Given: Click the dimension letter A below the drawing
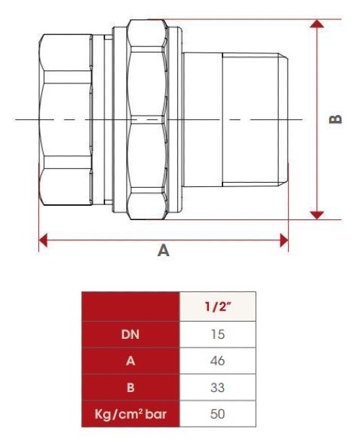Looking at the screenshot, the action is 163,250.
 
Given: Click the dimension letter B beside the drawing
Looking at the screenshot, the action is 336,119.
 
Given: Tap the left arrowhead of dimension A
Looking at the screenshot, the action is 42,240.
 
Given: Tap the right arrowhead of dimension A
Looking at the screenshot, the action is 284,240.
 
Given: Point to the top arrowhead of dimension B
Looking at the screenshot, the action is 317,24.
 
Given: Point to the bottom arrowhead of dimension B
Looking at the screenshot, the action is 317,215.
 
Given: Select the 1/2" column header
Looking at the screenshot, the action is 217,306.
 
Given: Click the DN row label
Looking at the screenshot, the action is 130,335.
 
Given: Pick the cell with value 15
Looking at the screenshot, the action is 217,335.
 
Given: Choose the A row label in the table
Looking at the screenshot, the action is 130,361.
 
